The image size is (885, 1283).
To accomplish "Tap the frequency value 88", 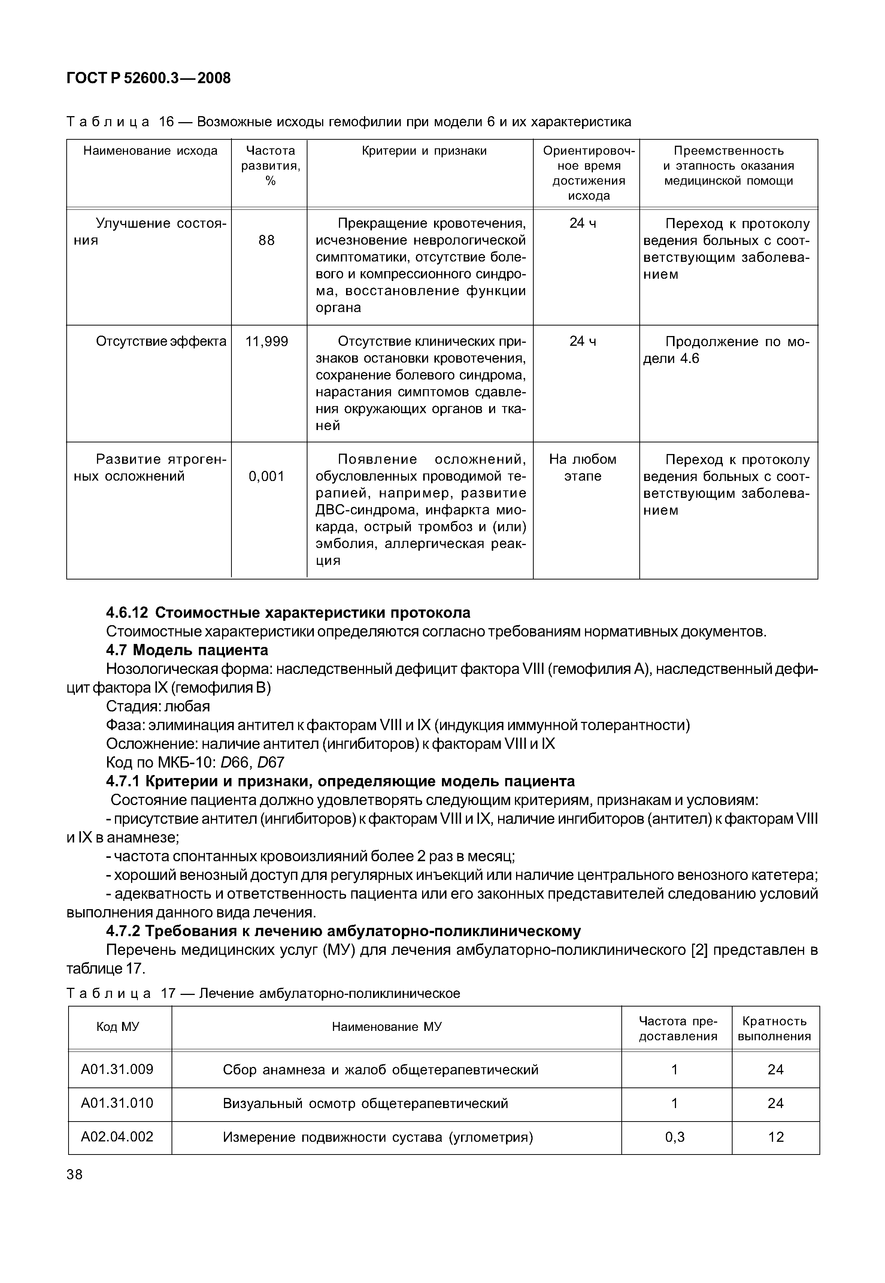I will click(x=266, y=240).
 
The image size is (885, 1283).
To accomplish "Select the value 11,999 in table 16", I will click(x=266, y=342).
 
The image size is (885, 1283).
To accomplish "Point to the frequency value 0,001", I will click(x=266, y=476).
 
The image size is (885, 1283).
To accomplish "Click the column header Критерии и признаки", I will click(x=424, y=151).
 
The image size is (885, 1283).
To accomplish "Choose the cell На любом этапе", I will click(x=582, y=467).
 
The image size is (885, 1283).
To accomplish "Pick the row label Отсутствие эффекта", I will click(x=161, y=342).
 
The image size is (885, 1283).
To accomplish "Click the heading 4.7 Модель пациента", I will click(x=187, y=650).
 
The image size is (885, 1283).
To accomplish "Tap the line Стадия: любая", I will click(x=158, y=706).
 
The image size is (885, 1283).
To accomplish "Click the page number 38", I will click(x=74, y=1174).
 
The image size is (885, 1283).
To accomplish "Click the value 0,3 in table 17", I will click(x=675, y=1137).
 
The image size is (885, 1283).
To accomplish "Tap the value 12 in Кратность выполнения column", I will click(x=775, y=1137).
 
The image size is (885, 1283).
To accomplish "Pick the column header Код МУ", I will click(x=118, y=1027).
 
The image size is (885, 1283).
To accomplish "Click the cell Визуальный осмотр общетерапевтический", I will click(x=366, y=1103).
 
